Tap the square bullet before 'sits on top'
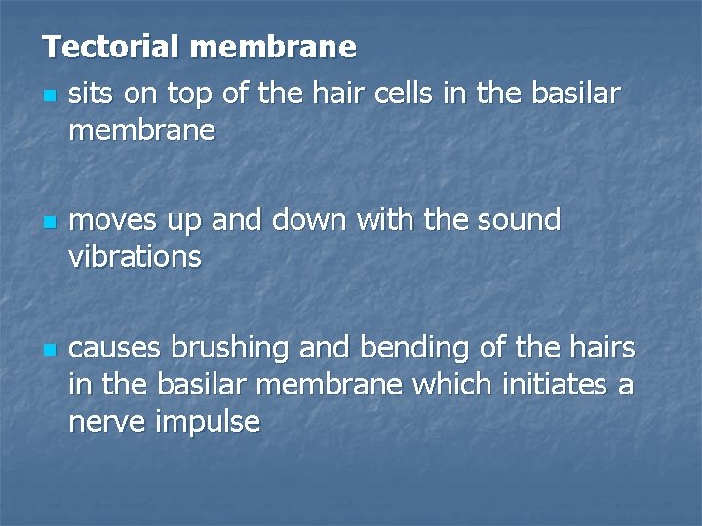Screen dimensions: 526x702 point(49,96)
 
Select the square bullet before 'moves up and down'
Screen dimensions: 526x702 point(49,223)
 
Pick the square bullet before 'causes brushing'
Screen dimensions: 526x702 point(49,350)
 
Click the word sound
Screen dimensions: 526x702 point(519,220)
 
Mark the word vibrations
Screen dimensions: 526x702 point(136,257)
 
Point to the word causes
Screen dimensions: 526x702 point(116,348)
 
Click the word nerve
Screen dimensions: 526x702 point(104,423)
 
